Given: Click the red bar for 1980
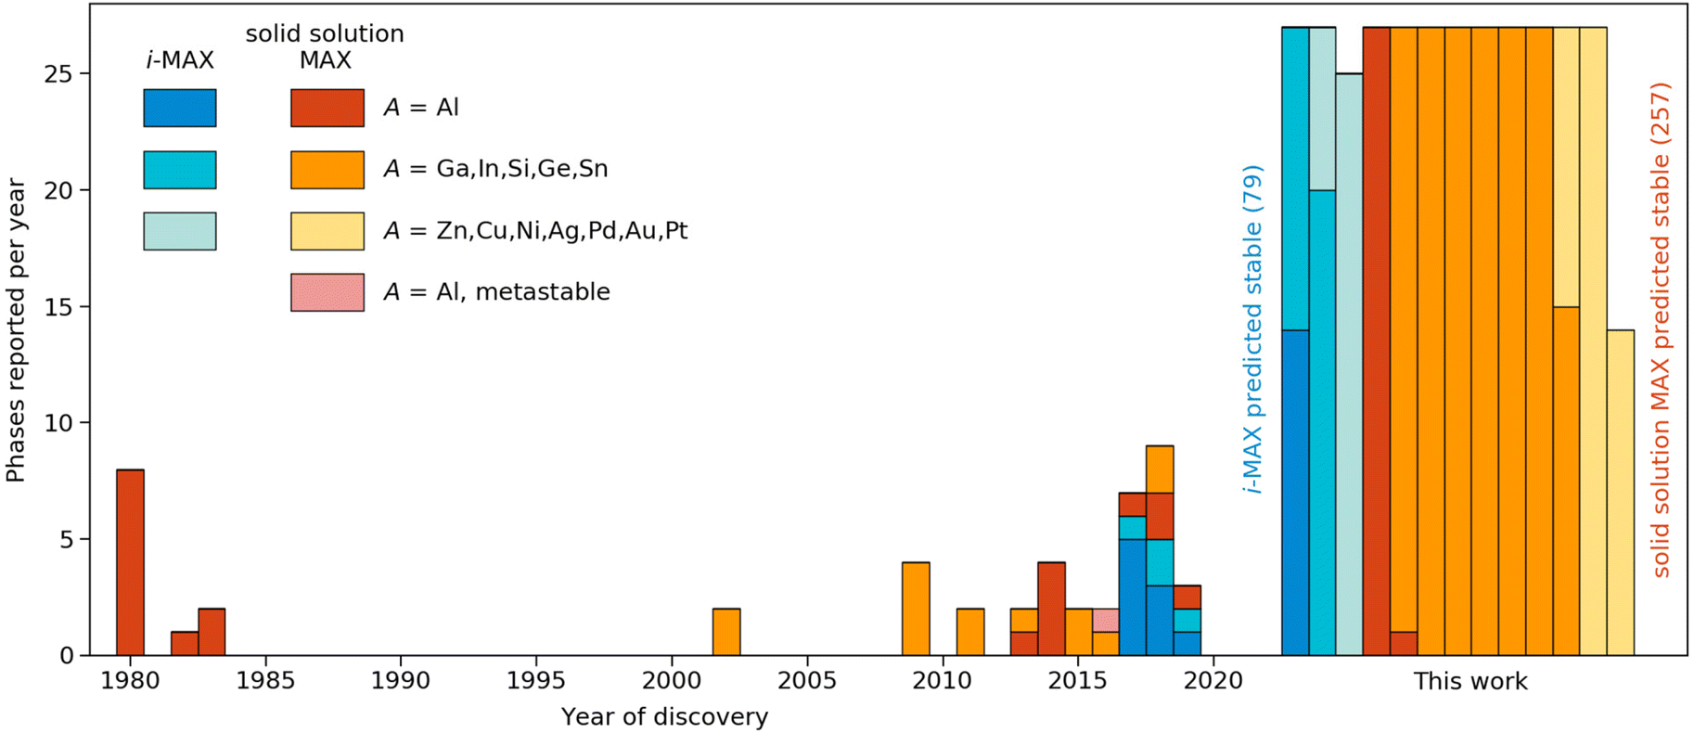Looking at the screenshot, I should point(130,562).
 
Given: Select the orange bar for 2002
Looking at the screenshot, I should point(726,632).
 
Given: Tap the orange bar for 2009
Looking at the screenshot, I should point(916,609).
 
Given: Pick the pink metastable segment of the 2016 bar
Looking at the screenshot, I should point(1105,620).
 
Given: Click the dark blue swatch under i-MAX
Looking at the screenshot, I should point(180,108).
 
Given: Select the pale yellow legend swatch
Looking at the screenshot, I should point(327,231).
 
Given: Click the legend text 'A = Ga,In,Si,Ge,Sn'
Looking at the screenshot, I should point(495,169).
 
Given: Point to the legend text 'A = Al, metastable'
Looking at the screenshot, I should point(496,292).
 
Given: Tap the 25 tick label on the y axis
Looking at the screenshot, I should point(58,74).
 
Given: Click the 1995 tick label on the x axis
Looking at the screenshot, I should point(536,681).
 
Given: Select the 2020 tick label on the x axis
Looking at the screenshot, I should point(1213,681).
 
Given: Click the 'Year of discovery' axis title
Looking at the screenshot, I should point(664,717).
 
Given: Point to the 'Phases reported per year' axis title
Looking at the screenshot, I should point(16,330).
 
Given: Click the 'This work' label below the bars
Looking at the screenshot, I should point(1469,682).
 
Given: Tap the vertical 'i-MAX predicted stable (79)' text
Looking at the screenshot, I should point(1252,329).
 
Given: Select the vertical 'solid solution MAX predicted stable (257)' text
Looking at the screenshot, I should point(1661,329).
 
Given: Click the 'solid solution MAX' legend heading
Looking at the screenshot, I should point(325,46).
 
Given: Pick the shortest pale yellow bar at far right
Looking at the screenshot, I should point(1620,492).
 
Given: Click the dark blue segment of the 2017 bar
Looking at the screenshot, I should point(1132,597).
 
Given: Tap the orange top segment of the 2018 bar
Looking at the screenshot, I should point(1160,469).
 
